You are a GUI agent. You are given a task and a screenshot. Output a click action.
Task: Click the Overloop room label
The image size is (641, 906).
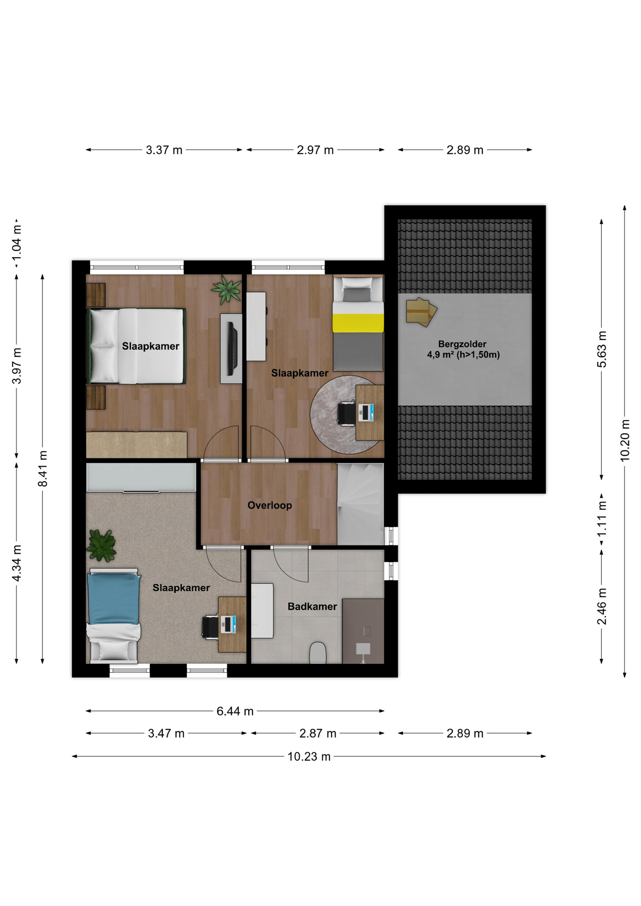pos(270,505)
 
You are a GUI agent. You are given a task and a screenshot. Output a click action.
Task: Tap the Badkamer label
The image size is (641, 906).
pos(312,606)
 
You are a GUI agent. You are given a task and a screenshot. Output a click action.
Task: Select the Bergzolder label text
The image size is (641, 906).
pos(462,344)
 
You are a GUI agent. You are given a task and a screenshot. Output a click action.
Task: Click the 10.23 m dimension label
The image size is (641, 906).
pos(309,756)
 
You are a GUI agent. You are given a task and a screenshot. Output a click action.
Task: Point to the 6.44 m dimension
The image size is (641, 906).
pos(235,711)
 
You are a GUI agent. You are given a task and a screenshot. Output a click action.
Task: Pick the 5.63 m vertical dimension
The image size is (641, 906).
pos(602,349)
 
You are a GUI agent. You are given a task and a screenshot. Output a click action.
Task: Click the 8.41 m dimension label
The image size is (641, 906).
pos(43,469)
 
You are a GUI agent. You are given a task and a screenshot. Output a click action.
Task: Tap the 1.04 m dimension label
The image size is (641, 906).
pos(17,243)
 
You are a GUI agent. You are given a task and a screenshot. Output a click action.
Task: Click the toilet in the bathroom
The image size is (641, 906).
pos(318,652)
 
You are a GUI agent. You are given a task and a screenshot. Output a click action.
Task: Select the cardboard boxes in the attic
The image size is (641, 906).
pos(421,312)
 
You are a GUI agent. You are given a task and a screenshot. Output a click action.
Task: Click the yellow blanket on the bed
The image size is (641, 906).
pos(358,323)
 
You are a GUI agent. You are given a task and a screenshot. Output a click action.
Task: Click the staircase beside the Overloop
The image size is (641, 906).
pos(360,504)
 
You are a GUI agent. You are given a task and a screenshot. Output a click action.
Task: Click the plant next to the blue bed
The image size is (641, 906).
pos(101,545)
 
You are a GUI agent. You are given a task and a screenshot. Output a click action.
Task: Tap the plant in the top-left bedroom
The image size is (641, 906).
pos(227,289)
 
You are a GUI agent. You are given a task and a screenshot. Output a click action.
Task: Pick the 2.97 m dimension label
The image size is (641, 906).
pos(315,150)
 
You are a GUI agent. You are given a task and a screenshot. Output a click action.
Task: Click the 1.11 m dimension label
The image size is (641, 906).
pos(602,519)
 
